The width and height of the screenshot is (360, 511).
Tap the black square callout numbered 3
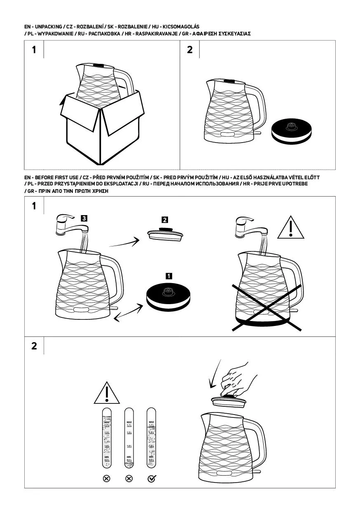click(84, 218)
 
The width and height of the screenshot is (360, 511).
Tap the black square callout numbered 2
click(165, 220)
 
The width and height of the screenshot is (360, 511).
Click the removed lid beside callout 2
click(165, 233)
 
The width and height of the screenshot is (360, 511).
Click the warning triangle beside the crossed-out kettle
click(291, 228)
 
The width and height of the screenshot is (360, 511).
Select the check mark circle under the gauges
click(151, 478)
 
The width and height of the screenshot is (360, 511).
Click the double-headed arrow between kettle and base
click(128, 312)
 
